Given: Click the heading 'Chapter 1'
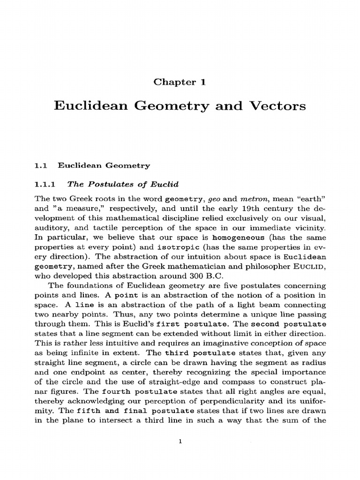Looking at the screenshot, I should [180, 82].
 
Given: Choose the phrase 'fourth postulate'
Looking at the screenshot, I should [141, 392].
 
